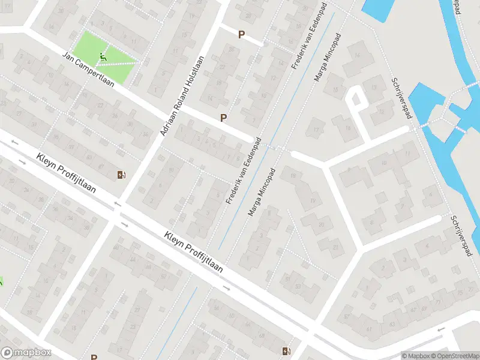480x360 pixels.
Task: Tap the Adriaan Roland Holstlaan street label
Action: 182,95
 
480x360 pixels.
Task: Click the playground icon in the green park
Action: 103,58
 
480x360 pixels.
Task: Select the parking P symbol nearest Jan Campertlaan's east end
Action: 224,118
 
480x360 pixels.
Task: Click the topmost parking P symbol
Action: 241,35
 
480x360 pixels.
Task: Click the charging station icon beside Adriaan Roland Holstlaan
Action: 122,175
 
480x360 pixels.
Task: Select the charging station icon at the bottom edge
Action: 286,351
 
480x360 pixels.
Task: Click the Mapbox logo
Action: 25,353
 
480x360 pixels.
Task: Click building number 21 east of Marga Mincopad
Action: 335,247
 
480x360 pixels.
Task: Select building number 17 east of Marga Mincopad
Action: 316,128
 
